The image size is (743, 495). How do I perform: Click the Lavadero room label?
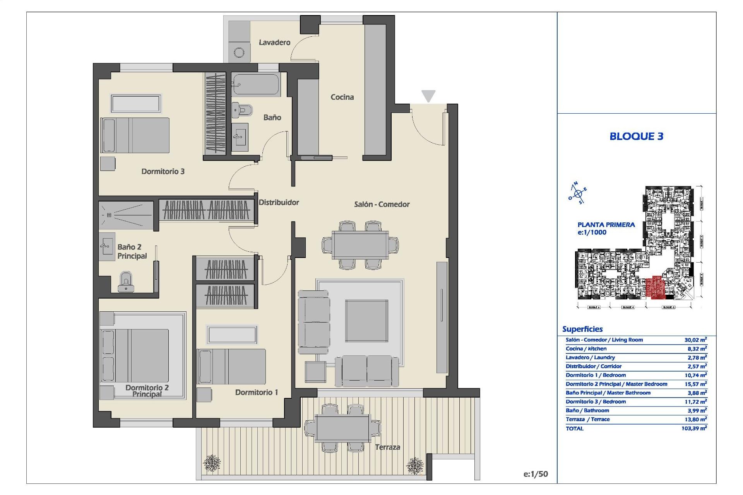(x=274, y=43)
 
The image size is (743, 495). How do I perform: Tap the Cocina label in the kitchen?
(x=342, y=97)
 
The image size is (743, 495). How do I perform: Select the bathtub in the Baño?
(x=255, y=84)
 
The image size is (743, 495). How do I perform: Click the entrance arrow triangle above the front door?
(x=428, y=96)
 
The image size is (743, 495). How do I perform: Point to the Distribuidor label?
(x=279, y=202)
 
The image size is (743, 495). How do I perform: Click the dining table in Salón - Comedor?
(x=360, y=245)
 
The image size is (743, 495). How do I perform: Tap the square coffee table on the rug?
(x=366, y=321)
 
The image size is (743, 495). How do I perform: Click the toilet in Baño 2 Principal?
(x=126, y=282)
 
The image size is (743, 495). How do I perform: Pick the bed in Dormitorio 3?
(x=135, y=135)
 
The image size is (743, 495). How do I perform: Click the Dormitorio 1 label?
(x=257, y=393)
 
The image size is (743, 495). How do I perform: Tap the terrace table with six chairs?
(x=342, y=428)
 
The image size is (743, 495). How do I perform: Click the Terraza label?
(x=387, y=447)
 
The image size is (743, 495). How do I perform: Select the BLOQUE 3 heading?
(x=636, y=136)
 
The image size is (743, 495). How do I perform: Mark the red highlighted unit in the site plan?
(x=655, y=288)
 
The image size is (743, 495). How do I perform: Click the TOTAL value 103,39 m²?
(x=694, y=428)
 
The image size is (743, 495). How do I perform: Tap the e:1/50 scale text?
(x=536, y=474)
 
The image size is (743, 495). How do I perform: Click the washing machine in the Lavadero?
(x=239, y=52)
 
